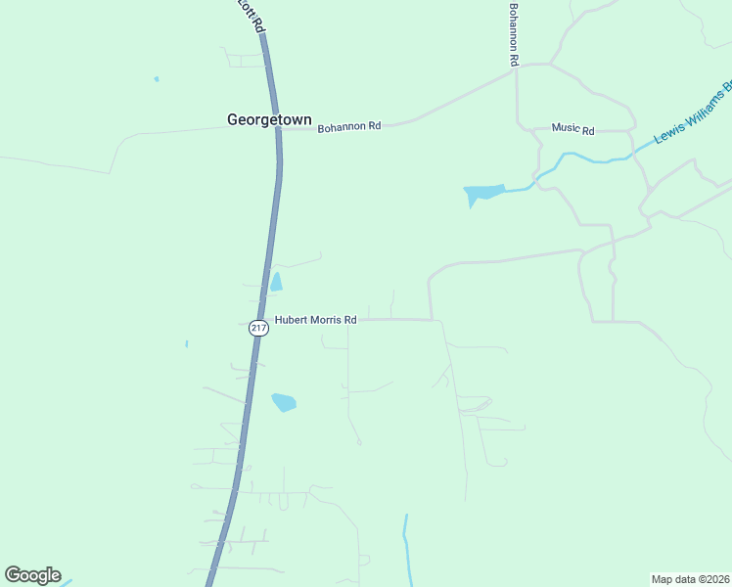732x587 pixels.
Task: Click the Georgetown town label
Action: coord(269,120)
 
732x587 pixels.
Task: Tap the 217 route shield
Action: coord(258,329)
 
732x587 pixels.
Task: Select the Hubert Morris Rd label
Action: coord(315,320)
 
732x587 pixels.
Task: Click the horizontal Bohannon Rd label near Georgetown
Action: coord(348,126)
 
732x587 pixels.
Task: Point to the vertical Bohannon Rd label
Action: coord(513,34)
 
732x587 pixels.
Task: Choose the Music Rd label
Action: coord(572,128)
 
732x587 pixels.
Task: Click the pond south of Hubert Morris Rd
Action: coord(283,402)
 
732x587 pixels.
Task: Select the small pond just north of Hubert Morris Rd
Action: coord(276,283)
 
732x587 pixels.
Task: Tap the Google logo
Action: coord(33,575)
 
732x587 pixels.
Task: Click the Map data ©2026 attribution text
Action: coord(690,578)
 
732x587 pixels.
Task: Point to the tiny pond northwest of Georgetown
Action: coord(156,79)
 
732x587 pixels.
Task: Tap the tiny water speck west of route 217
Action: coord(186,343)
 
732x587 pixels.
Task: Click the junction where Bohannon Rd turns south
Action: coord(517,68)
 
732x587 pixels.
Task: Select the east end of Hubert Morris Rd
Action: coord(431,320)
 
